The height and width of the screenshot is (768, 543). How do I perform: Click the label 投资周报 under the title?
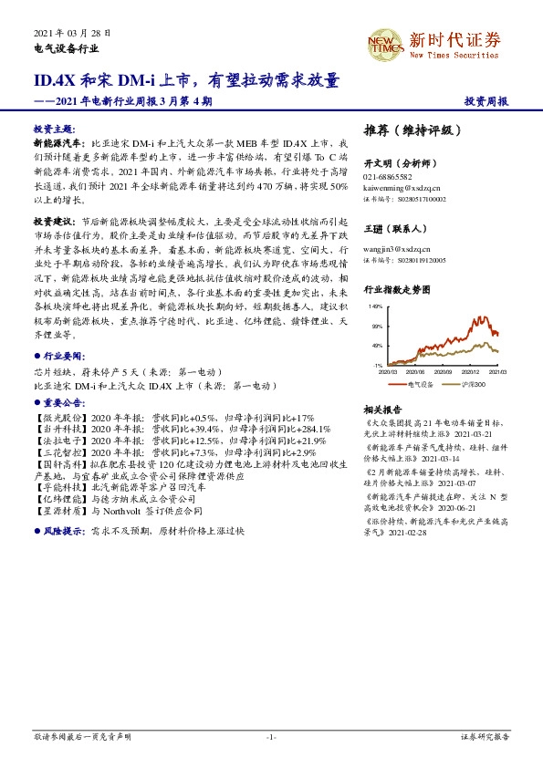486,102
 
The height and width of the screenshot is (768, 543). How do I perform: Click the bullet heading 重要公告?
63,400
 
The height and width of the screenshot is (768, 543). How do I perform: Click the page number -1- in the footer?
271,736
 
